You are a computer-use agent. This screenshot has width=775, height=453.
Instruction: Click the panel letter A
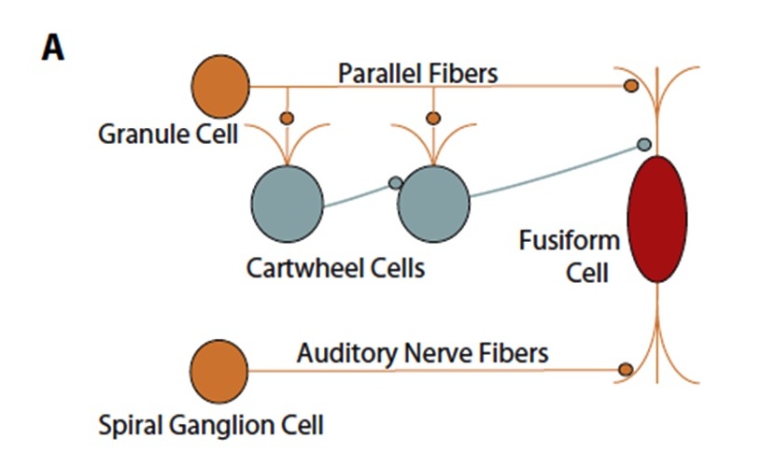pos(53,49)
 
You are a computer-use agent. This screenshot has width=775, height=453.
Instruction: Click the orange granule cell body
pos(220,87)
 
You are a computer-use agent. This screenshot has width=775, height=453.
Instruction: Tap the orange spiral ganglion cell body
pos(218,372)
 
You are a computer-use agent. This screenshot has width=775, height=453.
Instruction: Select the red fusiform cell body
pos(656,219)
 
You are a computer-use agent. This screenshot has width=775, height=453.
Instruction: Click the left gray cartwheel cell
pos(288,204)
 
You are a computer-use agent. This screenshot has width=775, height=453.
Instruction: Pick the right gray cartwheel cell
pos(433,204)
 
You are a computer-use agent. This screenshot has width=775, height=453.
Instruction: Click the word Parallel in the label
pos(375,74)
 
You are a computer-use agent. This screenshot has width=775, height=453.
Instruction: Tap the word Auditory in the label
pos(347,354)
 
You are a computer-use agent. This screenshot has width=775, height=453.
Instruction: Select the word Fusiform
pos(570,241)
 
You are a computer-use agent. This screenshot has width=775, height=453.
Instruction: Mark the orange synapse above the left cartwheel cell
pos(287,119)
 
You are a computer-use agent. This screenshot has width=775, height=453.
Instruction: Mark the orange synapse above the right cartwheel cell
pos(433,119)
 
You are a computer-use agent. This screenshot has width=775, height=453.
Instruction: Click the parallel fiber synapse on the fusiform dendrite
pos(630,86)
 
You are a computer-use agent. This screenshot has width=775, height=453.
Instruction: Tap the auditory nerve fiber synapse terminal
pos(626,370)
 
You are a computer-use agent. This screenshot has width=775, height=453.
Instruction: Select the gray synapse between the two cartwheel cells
pos(395,183)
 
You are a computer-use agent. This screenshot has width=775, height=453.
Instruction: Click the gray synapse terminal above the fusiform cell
pos(644,145)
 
